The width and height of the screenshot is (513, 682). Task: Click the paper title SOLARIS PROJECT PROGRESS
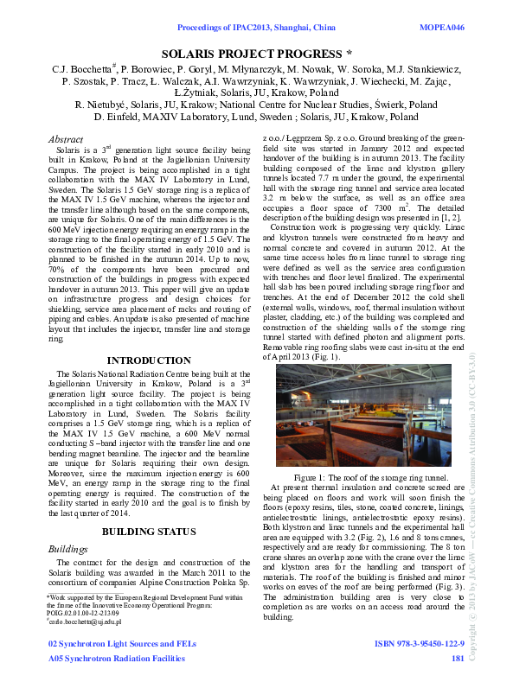256,53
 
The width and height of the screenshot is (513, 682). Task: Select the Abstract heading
66,138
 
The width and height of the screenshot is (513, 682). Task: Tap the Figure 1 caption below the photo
370,477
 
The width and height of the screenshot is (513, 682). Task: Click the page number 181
458,660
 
